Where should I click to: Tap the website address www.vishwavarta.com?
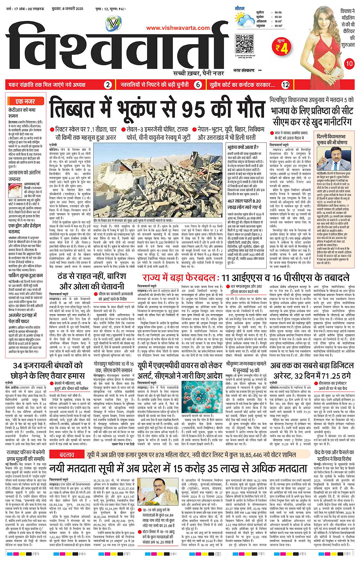[178, 28]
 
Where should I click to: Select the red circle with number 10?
[349, 64]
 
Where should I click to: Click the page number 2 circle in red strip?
[108, 85]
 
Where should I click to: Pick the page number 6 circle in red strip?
[198, 85]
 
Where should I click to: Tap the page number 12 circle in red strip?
[285, 85]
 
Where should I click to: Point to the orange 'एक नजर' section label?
[26, 101]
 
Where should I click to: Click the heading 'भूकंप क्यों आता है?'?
[243, 147]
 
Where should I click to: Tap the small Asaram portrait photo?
[15, 190]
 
